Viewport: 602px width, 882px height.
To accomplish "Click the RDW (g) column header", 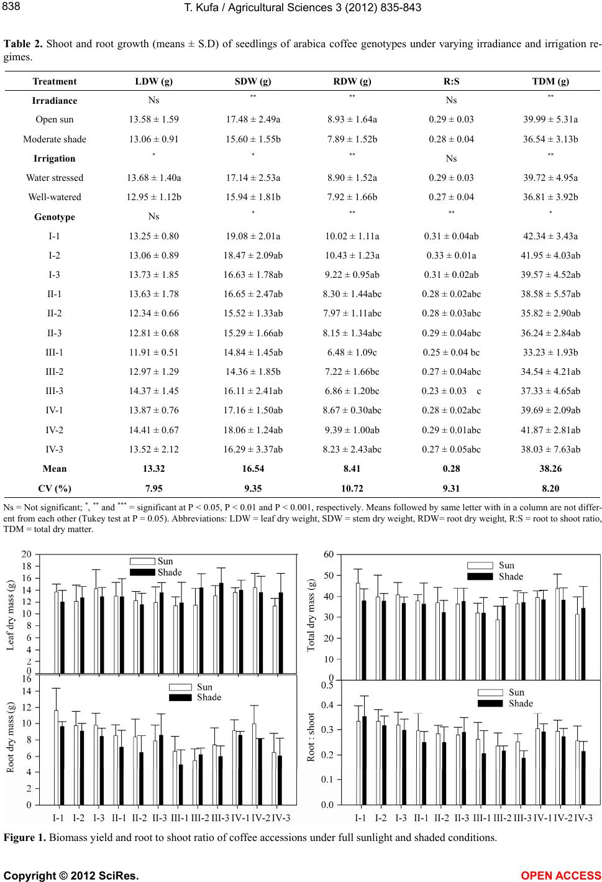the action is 352,81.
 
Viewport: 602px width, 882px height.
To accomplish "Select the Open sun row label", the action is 54,119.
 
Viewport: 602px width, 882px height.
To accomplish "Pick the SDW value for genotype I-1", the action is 253,236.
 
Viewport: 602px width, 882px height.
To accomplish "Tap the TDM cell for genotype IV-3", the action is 550,449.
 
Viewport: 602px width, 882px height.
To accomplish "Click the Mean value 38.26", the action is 550,469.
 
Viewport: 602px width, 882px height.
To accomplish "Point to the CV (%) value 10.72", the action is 352,489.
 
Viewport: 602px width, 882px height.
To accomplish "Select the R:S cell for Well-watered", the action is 451,197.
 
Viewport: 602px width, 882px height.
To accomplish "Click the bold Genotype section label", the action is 54,217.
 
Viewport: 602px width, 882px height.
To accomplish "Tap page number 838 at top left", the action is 11,6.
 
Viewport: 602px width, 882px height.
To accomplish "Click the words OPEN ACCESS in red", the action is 560,875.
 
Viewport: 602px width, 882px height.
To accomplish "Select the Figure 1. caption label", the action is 24,837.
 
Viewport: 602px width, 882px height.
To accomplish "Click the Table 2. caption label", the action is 23,44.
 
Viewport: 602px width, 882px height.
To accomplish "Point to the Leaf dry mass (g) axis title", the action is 11,615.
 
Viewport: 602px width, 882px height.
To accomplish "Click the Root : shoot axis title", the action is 311,737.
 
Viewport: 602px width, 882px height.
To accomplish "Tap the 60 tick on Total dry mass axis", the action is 329,554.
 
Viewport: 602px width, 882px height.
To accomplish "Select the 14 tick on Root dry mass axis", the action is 27,691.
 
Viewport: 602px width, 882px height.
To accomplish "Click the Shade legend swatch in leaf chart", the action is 142,572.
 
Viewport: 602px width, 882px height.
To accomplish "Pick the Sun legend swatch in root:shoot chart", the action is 490,692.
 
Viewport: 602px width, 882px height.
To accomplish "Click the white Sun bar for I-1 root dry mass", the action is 57,758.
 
